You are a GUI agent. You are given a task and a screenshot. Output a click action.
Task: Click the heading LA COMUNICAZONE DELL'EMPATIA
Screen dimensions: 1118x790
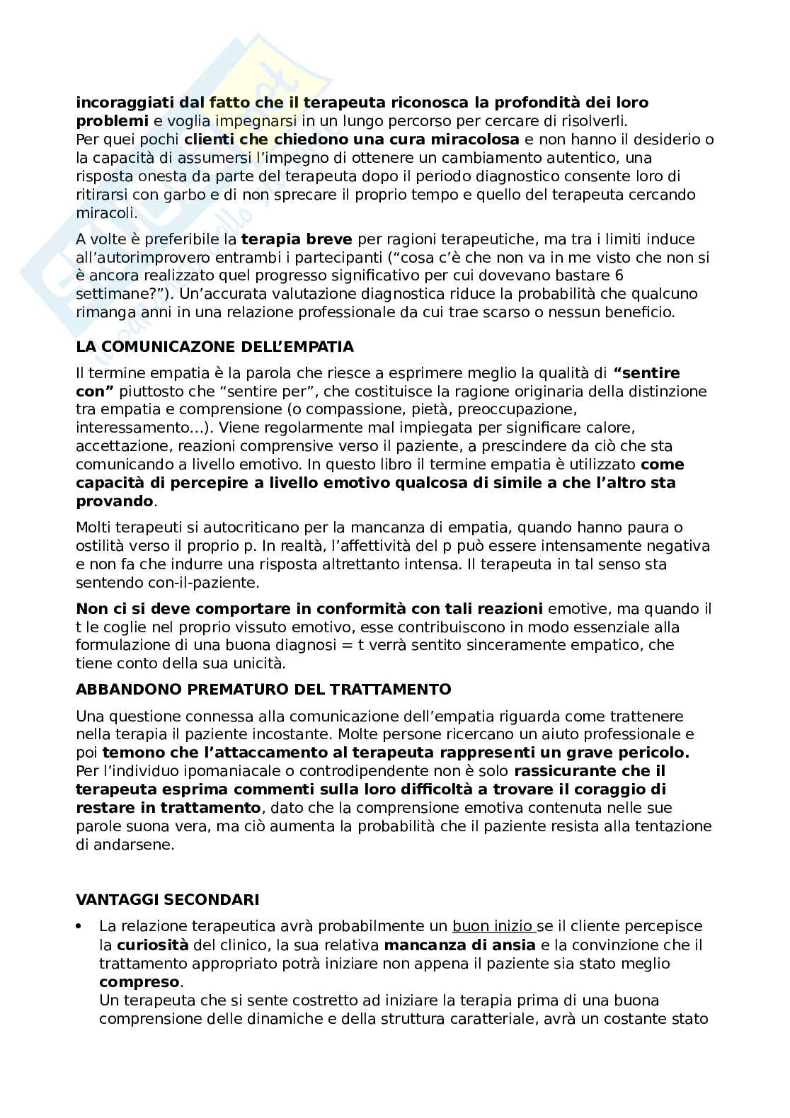tap(214, 347)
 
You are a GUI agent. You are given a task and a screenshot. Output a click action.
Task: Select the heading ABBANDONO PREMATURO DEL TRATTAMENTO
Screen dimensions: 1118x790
tap(263, 689)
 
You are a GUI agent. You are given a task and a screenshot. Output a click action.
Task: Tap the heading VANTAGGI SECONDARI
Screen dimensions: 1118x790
tap(167, 899)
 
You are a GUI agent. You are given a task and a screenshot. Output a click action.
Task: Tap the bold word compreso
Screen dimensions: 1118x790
tap(139, 982)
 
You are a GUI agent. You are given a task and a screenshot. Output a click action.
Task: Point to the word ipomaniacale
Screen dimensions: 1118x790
tap(185, 771)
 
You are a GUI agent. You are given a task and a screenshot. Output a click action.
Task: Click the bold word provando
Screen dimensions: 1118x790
tap(114, 501)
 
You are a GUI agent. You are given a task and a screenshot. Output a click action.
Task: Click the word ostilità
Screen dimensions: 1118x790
tap(101, 546)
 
